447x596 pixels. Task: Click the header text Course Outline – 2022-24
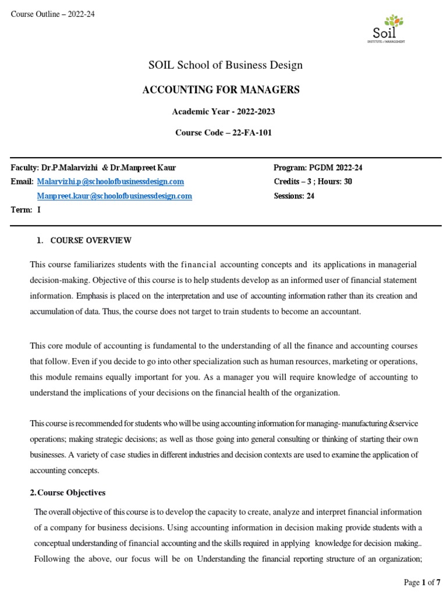pos(52,15)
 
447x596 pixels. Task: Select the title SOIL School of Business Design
pos(225,65)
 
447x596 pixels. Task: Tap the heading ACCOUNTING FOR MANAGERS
pos(221,90)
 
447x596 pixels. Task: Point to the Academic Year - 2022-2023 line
pos(223,111)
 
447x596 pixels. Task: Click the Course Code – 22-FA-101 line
pos(223,133)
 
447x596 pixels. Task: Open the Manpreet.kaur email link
pos(114,196)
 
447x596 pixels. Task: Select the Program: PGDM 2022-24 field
pos(318,168)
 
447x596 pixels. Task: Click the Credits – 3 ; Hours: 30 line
pos(313,182)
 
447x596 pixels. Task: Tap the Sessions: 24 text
pos(294,196)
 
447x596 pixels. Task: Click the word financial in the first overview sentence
pos(199,265)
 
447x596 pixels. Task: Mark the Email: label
pos(22,182)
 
